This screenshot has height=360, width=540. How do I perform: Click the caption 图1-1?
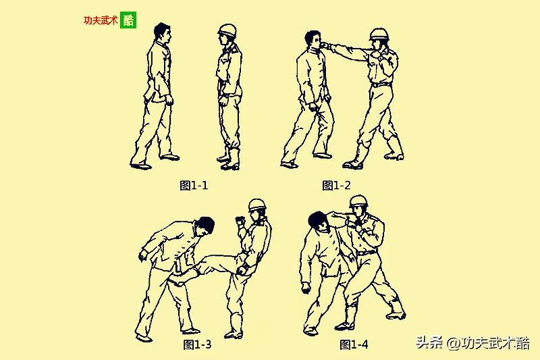(194, 185)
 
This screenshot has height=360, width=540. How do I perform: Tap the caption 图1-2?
(336, 185)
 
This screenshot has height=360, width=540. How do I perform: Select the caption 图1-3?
(197, 344)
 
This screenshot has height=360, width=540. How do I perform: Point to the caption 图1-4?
(354, 344)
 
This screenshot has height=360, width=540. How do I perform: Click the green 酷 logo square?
(128, 20)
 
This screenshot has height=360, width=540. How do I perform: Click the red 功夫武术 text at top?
(101, 20)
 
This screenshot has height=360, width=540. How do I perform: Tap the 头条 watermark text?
(429, 342)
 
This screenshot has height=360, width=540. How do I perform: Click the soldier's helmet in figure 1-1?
(227, 30)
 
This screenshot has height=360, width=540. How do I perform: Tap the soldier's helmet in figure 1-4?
(358, 201)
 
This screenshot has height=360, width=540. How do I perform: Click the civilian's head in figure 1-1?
(163, 32)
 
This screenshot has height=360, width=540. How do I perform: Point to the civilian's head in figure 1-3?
(205, 226)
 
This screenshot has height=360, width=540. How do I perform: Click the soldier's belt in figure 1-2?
(381, 84)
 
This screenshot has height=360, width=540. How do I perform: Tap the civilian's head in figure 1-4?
(319, 222)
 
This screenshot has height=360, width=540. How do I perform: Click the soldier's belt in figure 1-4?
(366, 253)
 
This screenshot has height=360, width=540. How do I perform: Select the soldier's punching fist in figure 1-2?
(325, 45)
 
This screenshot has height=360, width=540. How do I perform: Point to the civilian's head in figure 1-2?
(313, 40)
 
